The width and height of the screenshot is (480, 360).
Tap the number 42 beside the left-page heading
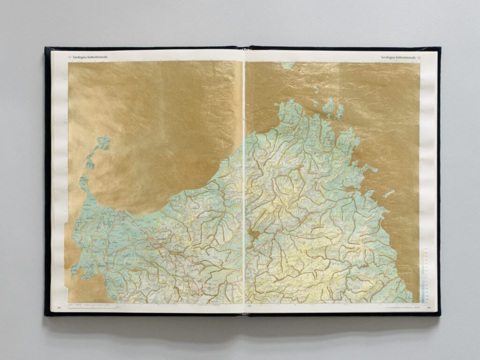(x=69, y=57)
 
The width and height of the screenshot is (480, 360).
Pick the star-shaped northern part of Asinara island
(x=103, y=142)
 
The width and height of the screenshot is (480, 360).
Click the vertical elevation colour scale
(x=423, y=275)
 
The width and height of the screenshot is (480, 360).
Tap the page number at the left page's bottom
(x=60, y=308)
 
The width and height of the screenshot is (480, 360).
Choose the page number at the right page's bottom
(x=429, y=308)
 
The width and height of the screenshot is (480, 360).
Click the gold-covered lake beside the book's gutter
(x=253, y=233)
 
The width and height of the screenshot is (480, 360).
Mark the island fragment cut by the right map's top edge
(x=287, y=65)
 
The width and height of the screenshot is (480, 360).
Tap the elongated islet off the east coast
(x=389, y=193)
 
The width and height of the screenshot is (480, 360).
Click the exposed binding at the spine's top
(x=244, y=47)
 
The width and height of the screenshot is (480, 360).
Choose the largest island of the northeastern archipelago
(x=329, y=106)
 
